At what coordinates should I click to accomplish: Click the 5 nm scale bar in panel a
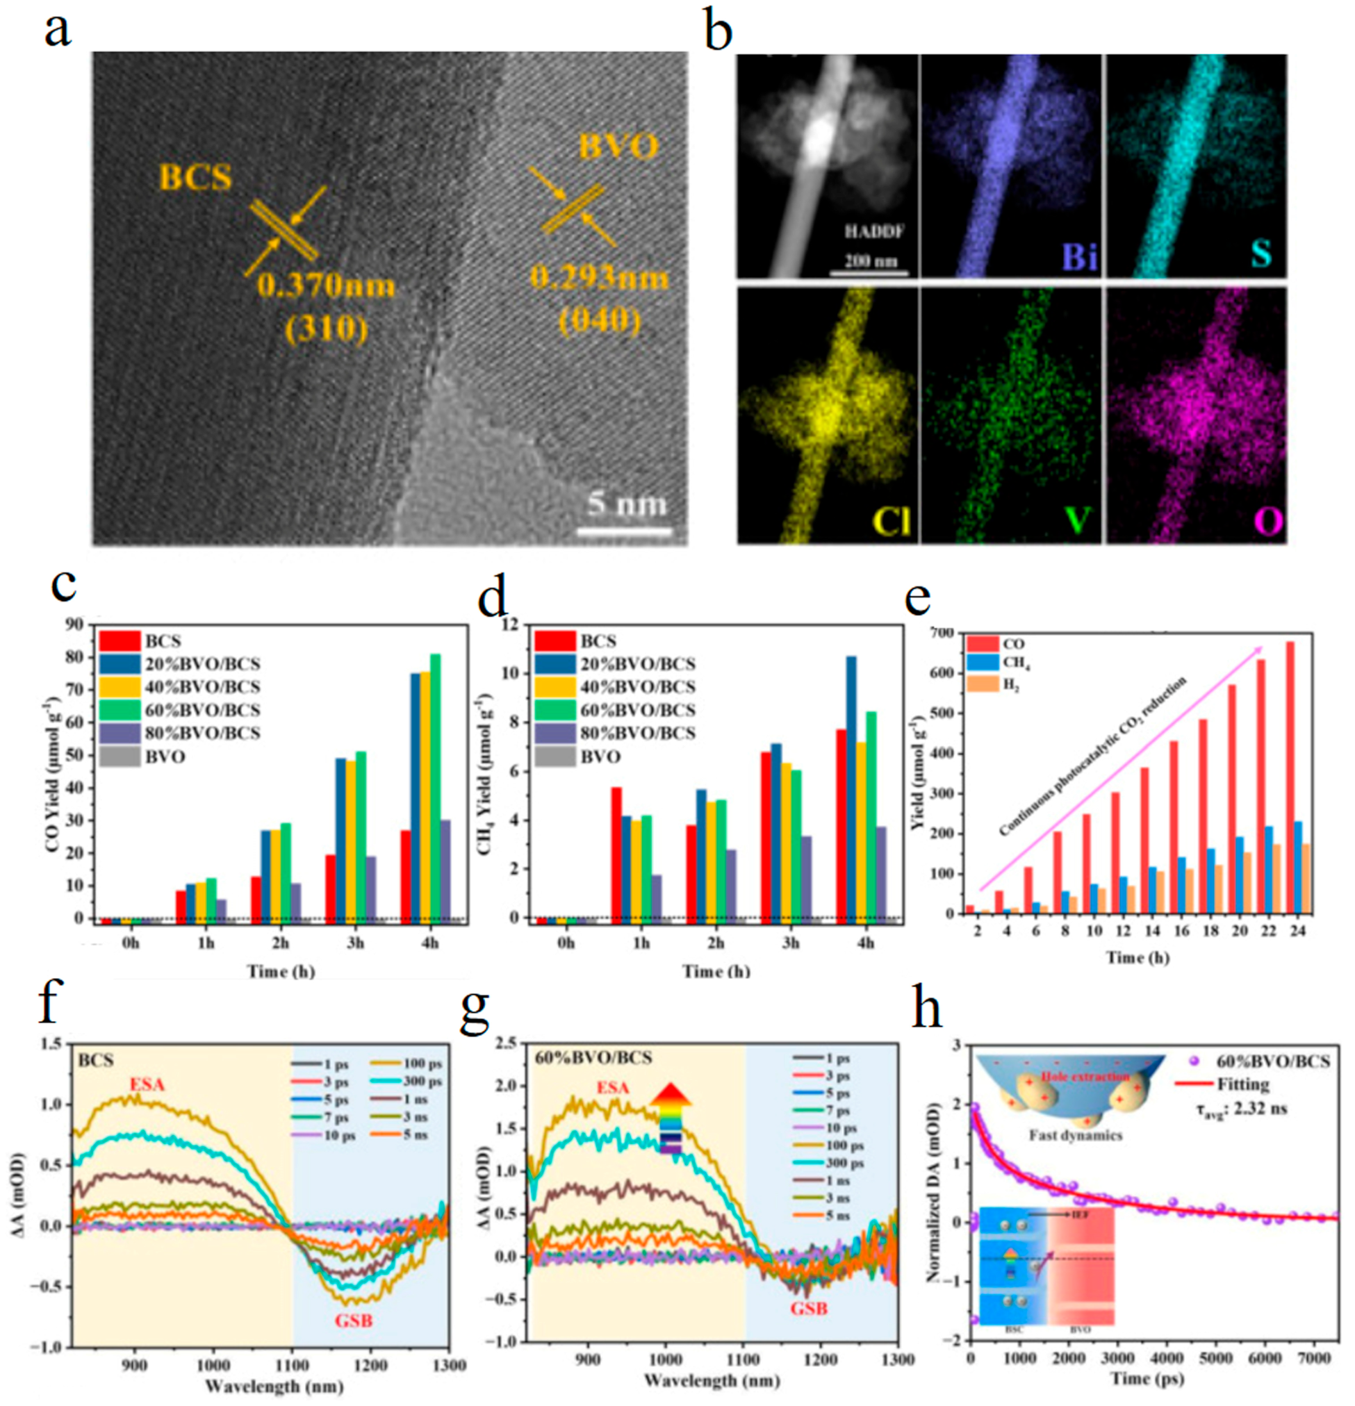623,531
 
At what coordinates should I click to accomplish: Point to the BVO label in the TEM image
616,148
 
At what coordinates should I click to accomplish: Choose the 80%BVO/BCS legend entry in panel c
179,732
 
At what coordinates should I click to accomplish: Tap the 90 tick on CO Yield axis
73,624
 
